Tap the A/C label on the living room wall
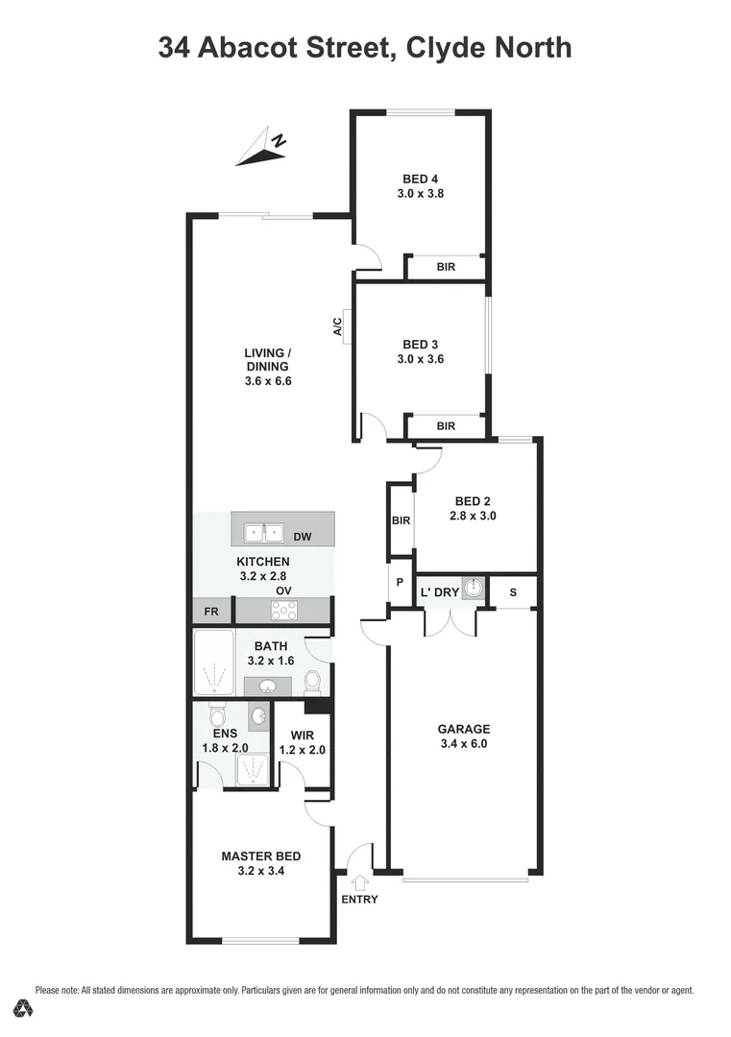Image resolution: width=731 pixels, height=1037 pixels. [x=338, y=327]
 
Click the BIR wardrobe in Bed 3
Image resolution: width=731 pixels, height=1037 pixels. [x=446, y=425]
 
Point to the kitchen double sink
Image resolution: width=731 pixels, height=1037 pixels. [x=261, y=531]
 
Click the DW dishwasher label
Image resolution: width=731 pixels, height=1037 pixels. [x=302, y=536]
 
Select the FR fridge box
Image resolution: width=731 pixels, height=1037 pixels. [x=211, y=611]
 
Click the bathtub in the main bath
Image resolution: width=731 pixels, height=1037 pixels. [x=213, y=663]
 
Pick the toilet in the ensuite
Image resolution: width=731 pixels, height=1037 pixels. [x=217, y=716]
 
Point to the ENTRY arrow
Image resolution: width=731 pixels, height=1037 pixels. [x=360, y=881]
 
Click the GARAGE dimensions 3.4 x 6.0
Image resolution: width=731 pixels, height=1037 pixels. [x=464, y=742]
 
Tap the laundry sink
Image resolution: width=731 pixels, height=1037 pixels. [x=471, y=589]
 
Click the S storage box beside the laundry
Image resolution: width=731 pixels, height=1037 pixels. [x=513, y=592]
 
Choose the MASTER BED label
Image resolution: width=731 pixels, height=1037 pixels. [x=261, y=856]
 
